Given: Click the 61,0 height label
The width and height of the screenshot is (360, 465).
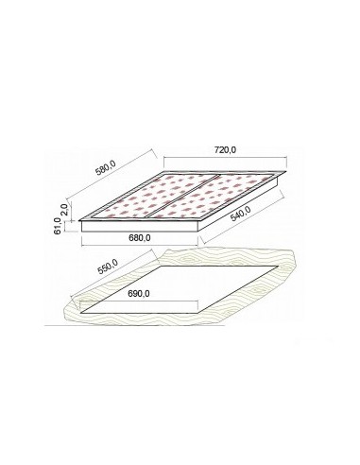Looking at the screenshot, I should click(59, 226).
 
